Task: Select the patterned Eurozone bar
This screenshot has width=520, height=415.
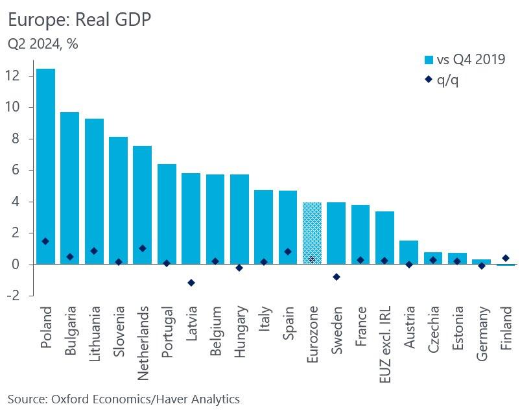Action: tap(312, 233)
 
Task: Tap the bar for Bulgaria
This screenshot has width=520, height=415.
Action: tap(69, 188)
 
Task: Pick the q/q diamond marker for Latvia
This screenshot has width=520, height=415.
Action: tap(191, 283)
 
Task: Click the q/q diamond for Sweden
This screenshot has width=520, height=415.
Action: tap(337, 277)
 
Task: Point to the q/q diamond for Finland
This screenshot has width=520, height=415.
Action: tap(506, 258)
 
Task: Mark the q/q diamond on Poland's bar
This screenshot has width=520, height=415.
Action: tap(45, 241)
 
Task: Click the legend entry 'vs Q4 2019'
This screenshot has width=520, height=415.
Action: tap(464, 60)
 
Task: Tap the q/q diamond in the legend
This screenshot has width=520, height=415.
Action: tap(428, 80)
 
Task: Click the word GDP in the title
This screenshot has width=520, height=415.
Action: tap(129, 20)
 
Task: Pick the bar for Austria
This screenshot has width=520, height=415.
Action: tap(409, 252)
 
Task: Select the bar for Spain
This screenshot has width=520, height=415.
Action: tap(288, 227)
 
